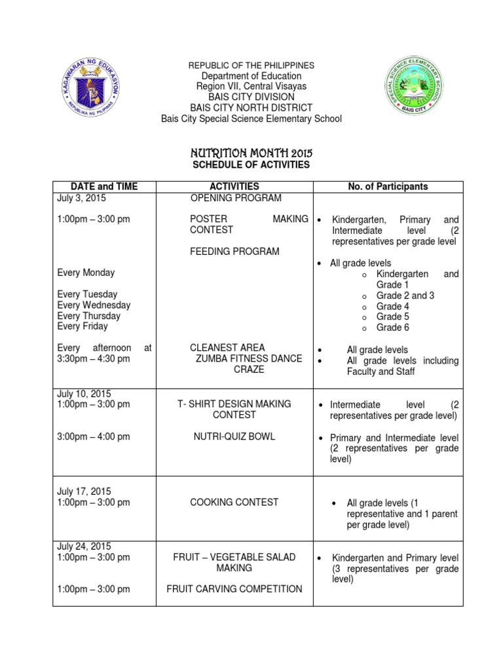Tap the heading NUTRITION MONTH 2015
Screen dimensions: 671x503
click(x=251, y=153)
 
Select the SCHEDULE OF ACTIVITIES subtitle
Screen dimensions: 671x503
click(x=251, y=164)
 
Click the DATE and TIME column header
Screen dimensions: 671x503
click(x=105, y=187)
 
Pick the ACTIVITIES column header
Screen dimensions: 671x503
click(x=234, y=187)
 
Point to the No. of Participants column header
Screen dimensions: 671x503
click(x=388, y=187)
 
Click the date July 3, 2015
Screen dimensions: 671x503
click(x=81, y=198)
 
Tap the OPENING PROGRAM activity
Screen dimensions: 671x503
click(x=236, y=198)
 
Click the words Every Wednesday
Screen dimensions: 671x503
click(x=94, y=305)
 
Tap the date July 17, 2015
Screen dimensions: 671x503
click(x=84, y=491)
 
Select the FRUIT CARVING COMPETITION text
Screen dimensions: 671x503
click(x=234, y=589)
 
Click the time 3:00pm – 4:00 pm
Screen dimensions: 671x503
click(x=94, y=436)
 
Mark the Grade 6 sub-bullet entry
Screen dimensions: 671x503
click(x=392, y=328)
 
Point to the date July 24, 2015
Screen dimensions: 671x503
click(x=84, y=546)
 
